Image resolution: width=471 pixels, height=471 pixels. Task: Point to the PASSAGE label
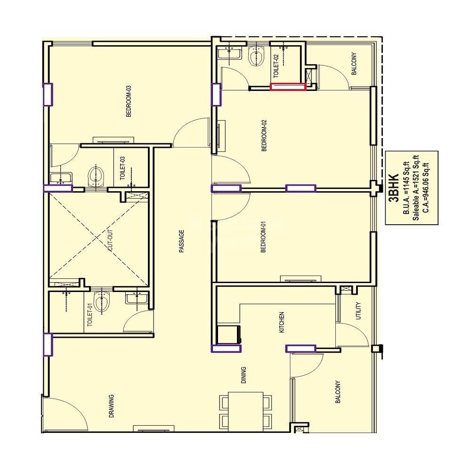[x=182, y=241]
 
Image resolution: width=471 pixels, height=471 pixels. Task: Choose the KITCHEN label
[x=282, y=322]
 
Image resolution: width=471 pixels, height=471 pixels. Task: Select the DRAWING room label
[x=112, y=406]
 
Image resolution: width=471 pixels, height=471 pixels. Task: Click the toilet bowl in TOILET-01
[x=102, y=301]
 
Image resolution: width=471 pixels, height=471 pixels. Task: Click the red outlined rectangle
[x=288, y=86]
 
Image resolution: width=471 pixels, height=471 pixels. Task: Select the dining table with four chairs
[x=245, y=411]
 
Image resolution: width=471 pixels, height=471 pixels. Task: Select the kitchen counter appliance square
[x=228, y=334]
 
